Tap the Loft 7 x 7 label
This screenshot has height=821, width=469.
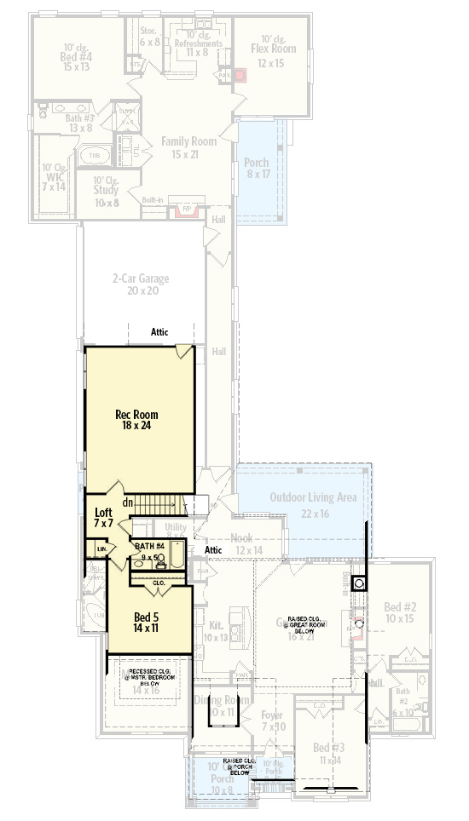pyautogui.click(x=104, y=518)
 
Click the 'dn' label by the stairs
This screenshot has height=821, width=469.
pyautogui.click(x=126, y=502)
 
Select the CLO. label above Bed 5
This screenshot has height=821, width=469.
pyautogui.click(x=159, y=583)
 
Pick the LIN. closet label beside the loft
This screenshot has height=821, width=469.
pyautogui.click(x=101, y=550)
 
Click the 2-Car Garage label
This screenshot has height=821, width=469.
pyautogui.click(x=141, y=284)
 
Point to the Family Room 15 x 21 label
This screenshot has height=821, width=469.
pyautogui.click(x=188, y=147)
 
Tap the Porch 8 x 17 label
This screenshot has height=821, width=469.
pyautogui.click(x=256, y=168)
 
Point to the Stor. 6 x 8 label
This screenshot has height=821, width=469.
pyautogui.click(x=149, y=35)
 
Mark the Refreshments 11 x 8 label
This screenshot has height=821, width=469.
pyautogui.click(x=199, y=47)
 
